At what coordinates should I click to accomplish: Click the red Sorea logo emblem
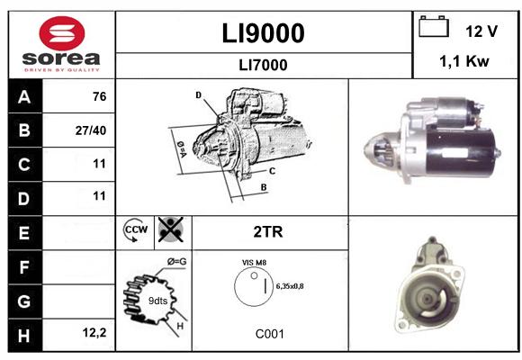coord(62,33)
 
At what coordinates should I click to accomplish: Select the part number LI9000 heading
coord(263,33)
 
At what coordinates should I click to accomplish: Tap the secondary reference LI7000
coord(263,65)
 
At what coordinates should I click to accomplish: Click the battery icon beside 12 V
coord(434,26)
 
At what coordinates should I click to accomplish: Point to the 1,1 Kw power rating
coord(464,61)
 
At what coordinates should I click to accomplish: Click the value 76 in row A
coord(100,96)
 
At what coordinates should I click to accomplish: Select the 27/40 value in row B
coord(91,130)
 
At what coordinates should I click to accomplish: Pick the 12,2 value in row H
coord(94,332)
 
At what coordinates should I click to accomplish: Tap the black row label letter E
coord(24,233)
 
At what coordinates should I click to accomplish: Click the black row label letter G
coord(24,301)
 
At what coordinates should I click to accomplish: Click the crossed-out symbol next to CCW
coord(171,229)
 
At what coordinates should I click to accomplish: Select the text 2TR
coord(268,232)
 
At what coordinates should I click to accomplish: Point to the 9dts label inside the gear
coord(157,301)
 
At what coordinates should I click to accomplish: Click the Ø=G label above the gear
coord(176,262)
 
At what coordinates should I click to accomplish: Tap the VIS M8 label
coord(255,263)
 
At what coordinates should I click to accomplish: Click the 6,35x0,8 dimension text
coord(290,286)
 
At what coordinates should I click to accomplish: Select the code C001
coord(270,334)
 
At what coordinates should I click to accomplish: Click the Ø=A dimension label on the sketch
coord(182,149)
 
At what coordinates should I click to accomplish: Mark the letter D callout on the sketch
coord(198,95)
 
